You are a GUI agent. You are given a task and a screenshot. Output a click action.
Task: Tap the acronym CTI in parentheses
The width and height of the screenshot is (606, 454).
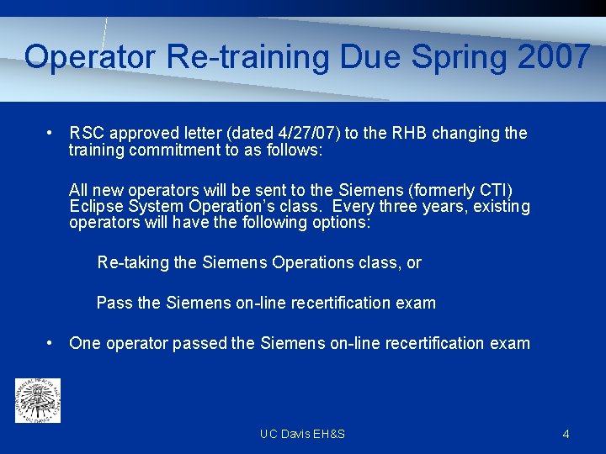pyautogui.click(x=494, y=190)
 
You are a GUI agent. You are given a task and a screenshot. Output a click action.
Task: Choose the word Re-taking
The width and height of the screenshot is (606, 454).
pyautogui.click(x=133, y=262)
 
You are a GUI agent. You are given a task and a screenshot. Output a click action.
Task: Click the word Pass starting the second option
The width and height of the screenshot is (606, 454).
pyautogui.click(x=114, y=303)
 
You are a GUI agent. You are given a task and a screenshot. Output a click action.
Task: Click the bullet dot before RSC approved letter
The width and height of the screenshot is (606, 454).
pyautogui.click(x=51, y=133)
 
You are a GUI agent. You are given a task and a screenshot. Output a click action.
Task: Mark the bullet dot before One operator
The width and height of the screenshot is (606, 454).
pyautogui.click(x=51, y=343)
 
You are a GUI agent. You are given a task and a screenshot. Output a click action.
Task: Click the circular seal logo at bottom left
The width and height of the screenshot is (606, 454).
pyautogui.click(x=38, y=400)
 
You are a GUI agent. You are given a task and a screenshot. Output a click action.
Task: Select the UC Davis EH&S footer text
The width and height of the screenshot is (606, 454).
pyautogui.click(x=302, y=434)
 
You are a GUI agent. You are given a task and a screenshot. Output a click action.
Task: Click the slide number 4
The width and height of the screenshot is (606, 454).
pyautogui.click(x=566, y=434)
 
